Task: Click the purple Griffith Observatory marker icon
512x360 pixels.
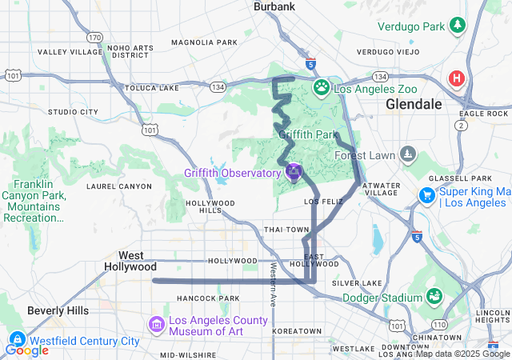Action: (x=294, y=172)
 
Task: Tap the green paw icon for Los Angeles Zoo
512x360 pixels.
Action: (x=322, y=86)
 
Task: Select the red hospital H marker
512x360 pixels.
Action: (x=456, y=78)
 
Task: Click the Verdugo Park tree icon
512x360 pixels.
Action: (x=457, y=25)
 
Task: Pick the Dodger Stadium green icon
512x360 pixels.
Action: (x=433, y=297)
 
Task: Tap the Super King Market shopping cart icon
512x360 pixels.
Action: (x=426, y=195)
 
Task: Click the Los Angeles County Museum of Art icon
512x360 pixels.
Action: (x=156, y=324)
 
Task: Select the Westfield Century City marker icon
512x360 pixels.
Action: (x=15, y=340)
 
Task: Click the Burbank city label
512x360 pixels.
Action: (x=274, y=6)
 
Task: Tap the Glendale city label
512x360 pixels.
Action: (x=414, y=104)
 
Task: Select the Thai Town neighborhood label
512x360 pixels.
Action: (x=286, y=230)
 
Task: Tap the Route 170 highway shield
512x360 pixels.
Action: (x=95, y=38)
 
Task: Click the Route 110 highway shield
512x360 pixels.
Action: (x=440, y=325)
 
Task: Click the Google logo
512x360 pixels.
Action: (x=26, y=350)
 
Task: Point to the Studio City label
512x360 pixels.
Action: (x=73, y=112)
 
